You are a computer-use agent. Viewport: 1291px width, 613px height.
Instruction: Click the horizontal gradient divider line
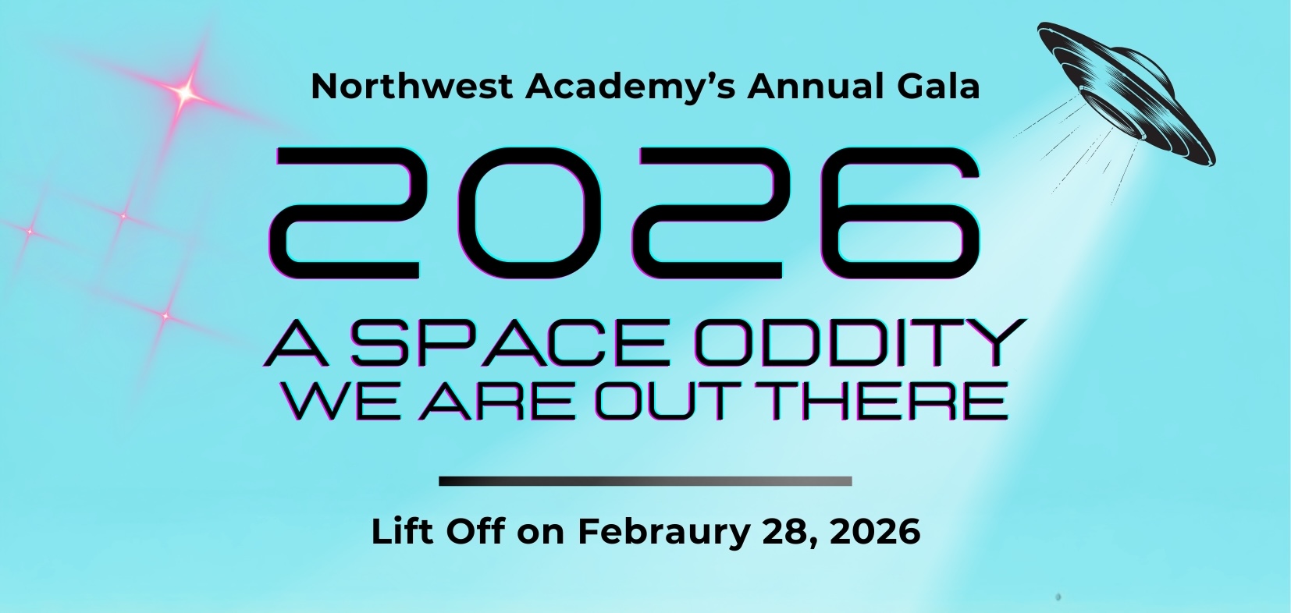[x=645, y=481]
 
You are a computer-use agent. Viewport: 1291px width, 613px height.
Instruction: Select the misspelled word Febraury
[x=663, y=533]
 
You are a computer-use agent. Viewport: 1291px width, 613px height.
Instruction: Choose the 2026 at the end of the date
[x=875, y=533]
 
